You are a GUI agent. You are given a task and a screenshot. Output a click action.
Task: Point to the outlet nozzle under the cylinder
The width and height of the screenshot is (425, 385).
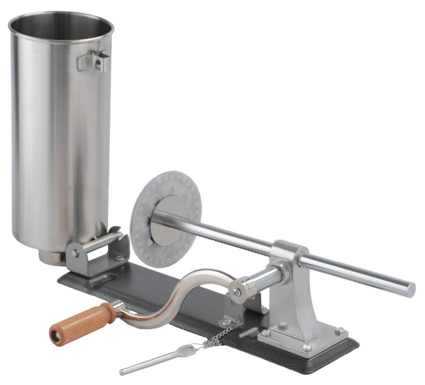[x=51, y=255]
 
